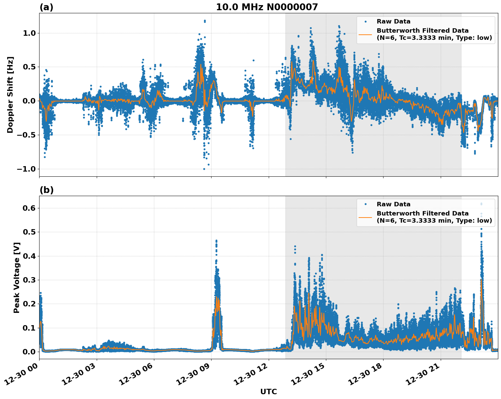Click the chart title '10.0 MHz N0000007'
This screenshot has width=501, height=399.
267,7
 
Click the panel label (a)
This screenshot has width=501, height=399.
46,7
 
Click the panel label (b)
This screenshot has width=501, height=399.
46,190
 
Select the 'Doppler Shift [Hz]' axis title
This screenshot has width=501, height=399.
10,95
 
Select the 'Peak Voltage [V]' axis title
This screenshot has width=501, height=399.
17,277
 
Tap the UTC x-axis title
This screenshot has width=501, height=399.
268,392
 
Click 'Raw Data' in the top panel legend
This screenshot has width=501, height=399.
393,21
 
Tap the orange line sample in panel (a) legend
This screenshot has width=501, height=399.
365,34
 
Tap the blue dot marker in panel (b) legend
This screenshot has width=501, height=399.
365,204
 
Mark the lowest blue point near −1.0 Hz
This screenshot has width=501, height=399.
204,169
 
